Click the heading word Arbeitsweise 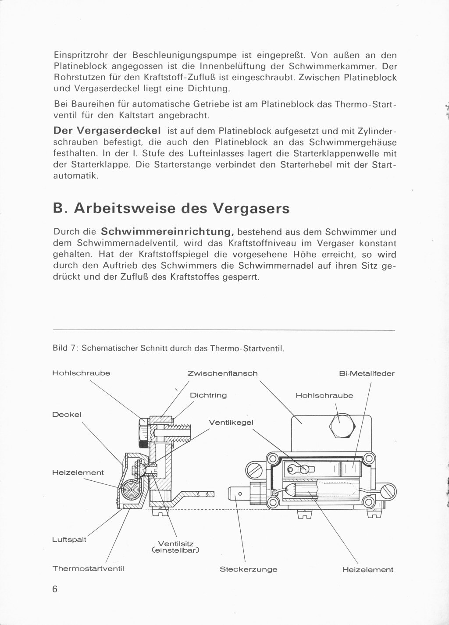125,208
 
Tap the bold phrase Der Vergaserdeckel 107,131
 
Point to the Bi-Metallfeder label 367,373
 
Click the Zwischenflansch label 222,373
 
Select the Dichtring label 208,395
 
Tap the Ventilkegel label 231,423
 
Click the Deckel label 67,415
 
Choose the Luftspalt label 69,539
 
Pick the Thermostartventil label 89,568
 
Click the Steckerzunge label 249,570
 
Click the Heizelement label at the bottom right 367,570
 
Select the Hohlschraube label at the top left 81,373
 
